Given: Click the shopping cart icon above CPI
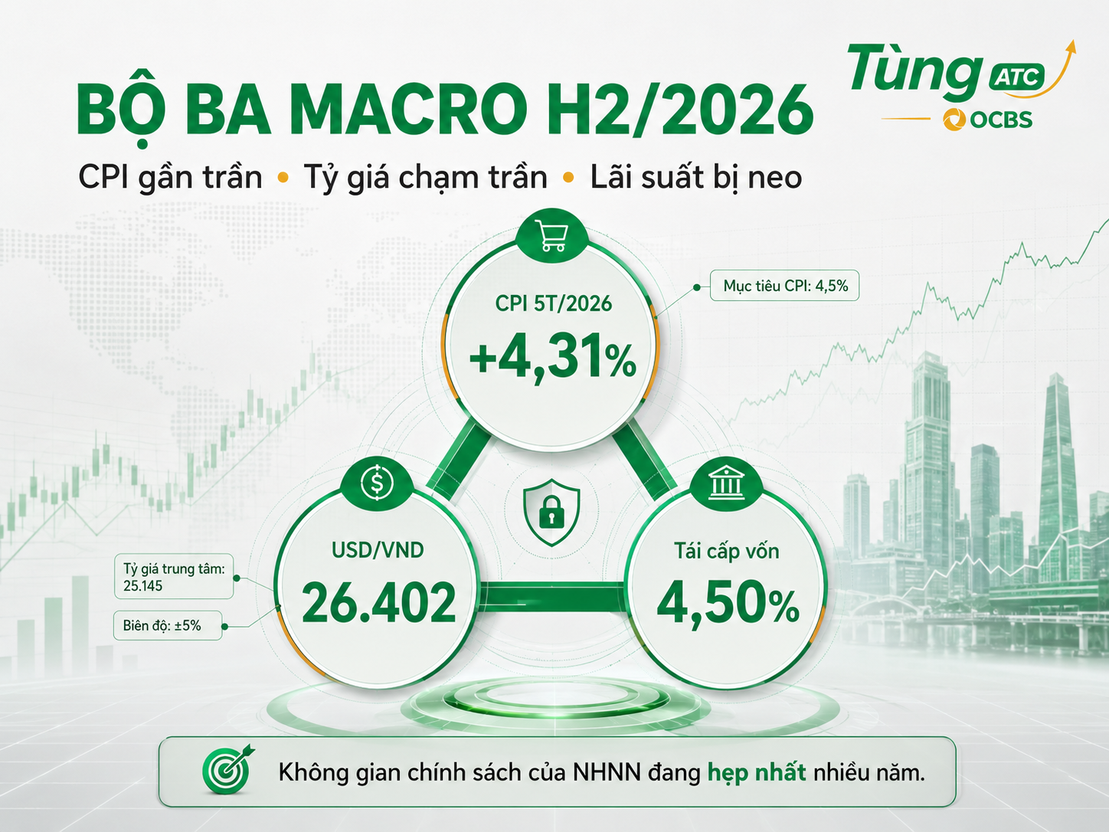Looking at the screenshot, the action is coord(553,235).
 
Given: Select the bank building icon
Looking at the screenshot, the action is coord(725,483).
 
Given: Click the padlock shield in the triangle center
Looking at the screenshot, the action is coord(551,512).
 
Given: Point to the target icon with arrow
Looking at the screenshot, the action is coord(228,768).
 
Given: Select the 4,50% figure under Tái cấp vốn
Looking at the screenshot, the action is coord(728,604).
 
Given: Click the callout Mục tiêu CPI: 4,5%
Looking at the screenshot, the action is coord(784,286).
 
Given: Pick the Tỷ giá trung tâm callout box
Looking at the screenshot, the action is coord(174,576).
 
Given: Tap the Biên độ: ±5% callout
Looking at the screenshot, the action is coord(168,625).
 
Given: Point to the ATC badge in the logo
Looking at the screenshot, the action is coord(1017,77).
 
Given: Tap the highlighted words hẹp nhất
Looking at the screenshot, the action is coord(757,773).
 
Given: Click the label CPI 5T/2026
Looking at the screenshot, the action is coord(553,303).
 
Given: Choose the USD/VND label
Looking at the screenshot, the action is coord(378,550).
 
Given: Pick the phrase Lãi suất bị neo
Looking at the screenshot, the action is coord(696,177).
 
